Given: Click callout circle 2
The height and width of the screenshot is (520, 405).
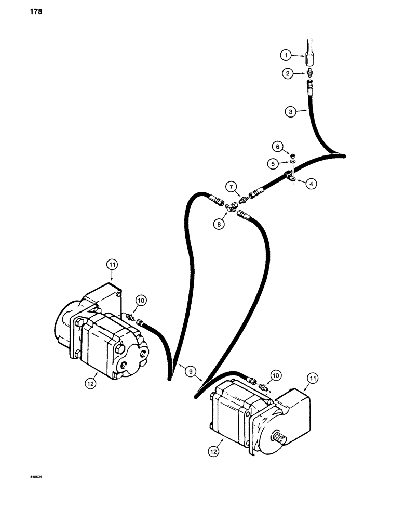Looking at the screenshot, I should click(287, 74).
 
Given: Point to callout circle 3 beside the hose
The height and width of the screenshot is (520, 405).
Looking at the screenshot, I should click(290, 111).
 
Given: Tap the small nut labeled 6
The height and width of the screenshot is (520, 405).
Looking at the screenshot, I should click(292, 155).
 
